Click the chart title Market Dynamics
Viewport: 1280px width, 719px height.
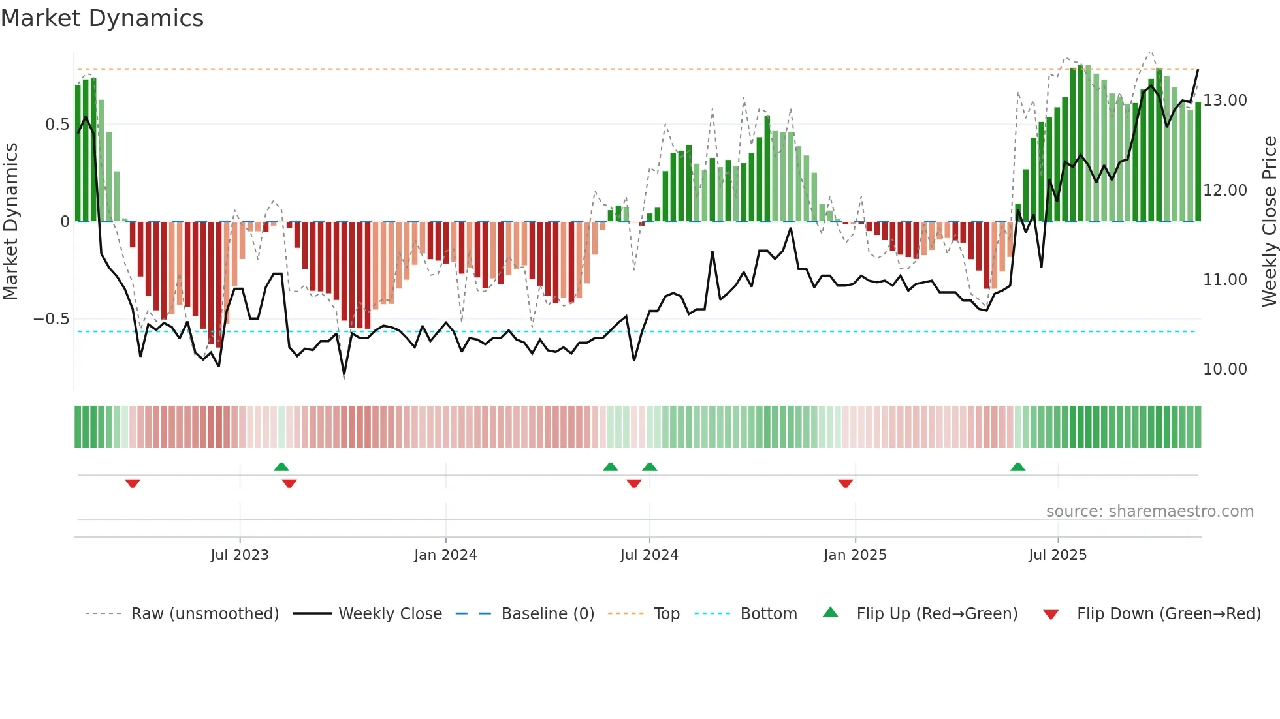[103, 18]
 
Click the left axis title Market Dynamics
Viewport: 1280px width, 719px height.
[11, 221]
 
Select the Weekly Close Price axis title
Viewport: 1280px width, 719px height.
[1269, 221]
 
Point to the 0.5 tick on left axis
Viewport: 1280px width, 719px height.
[57, 124]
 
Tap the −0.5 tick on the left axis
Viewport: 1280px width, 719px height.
[52, 319]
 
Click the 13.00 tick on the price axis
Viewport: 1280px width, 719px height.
[1224, 100]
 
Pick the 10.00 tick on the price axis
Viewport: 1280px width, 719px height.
[1224, 369]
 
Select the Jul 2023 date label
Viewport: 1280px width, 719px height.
[240, 555]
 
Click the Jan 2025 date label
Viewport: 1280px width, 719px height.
[855, 555]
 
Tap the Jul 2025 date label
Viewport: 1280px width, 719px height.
[1057, 555]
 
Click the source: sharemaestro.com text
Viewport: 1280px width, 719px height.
[1149, 512]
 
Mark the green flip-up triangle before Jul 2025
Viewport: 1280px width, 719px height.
[1017, 467]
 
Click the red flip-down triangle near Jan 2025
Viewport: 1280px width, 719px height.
[845, 483]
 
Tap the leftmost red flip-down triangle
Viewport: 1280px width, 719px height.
[133, 483]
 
